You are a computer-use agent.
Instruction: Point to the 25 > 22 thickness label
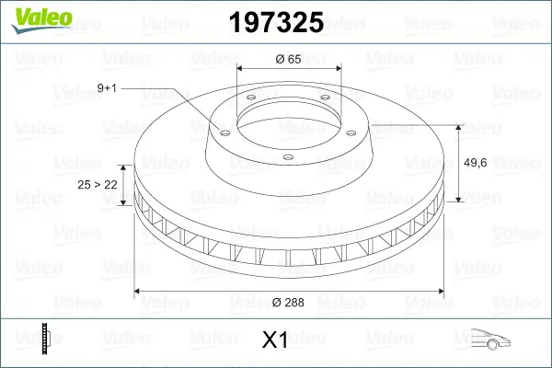[x=97, y=184]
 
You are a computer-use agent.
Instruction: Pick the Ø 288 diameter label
[x=290, y=301]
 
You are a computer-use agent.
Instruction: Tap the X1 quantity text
[x=276, y=341]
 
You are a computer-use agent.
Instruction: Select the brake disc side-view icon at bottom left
[x=45, y=340]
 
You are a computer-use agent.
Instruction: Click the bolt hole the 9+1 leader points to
[x=222, y=131]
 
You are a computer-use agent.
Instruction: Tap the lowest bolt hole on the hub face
[x=288, y=157]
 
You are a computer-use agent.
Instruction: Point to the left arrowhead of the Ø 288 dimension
[x=139, y=292]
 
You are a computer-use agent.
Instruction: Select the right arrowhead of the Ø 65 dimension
[x=339, y=67]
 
